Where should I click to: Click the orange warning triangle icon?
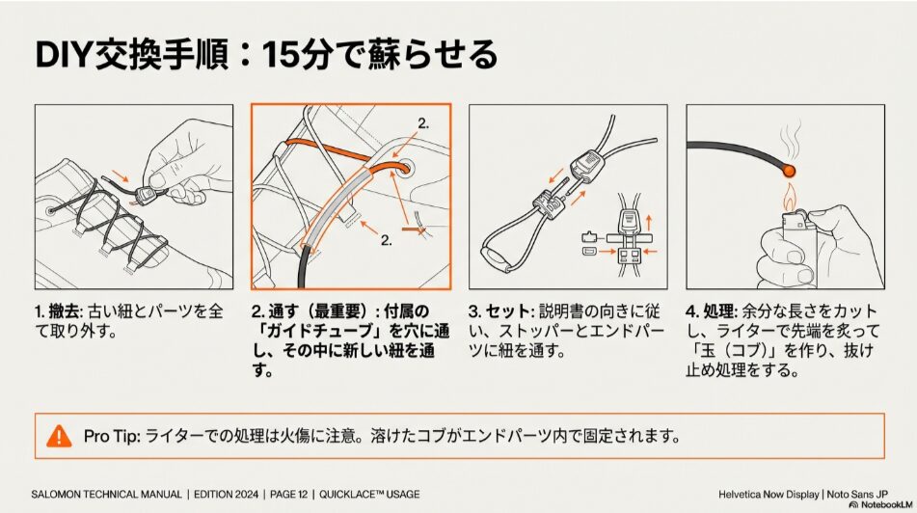(59, 436)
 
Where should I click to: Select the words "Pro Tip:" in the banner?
(112, 436)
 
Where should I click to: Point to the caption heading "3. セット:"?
(500, 312)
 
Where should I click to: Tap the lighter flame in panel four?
(790, 202)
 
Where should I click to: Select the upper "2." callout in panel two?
(422, 123)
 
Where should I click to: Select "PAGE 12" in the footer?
(283, 495)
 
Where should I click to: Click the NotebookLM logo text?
(878, 505)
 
